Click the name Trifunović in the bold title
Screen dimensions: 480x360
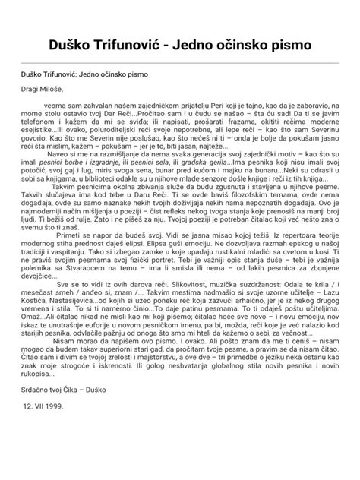click(144, 43)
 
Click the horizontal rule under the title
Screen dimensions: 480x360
click(180, 62)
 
